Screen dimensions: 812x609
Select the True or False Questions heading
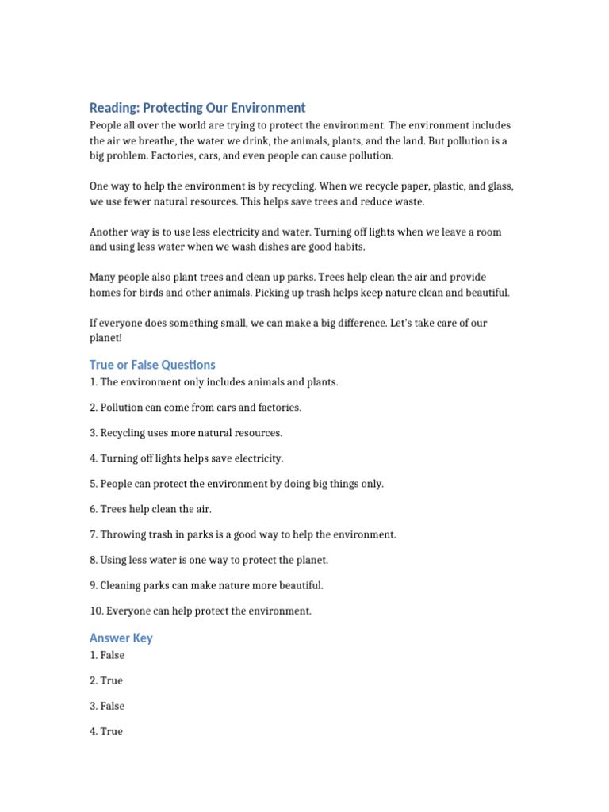[x=152, y=365]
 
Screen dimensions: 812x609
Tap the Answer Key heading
[x=121, y=638]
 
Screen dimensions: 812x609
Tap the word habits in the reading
[x=347, y=247]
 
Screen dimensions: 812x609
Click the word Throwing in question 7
[x=124, y=534]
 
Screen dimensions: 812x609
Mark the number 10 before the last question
[x=95, y=611]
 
